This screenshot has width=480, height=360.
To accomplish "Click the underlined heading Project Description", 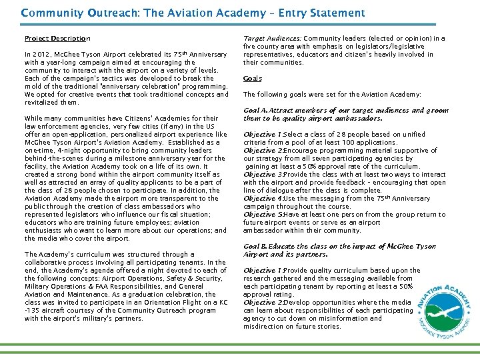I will (x=57, y=39).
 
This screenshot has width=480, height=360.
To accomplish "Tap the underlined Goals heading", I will (x=253, y=79).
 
